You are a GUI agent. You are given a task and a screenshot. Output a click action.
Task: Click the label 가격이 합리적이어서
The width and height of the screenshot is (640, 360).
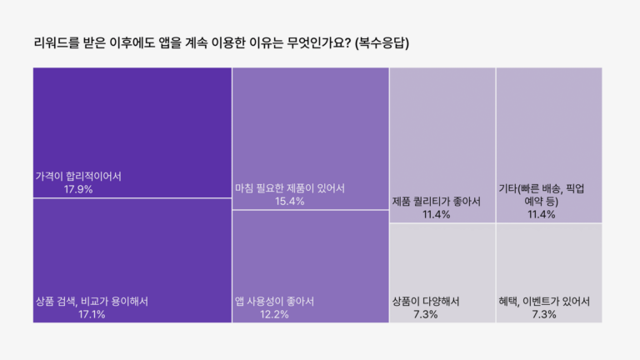[78, 177]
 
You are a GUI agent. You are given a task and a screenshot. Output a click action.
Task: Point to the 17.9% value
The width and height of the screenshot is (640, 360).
[78, 190]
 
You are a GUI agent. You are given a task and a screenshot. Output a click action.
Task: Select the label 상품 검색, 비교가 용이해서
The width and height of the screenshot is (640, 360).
[92, 302]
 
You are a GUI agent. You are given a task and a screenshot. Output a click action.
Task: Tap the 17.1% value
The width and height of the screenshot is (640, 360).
[92, 315]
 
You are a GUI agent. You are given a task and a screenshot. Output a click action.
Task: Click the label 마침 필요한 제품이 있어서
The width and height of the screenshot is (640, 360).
[290, 188]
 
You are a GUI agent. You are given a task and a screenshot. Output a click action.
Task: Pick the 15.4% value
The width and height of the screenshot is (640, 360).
[290, 202]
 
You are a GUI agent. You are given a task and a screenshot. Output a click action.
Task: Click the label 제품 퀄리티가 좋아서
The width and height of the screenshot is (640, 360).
[436, 202]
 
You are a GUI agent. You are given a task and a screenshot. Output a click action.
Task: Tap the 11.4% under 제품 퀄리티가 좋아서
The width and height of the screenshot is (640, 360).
[436, 215]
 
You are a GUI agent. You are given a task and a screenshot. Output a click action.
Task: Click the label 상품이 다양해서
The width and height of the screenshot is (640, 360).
[426, 302]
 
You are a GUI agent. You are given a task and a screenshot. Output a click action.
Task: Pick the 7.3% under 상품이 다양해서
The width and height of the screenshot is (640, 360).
[426, 315]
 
